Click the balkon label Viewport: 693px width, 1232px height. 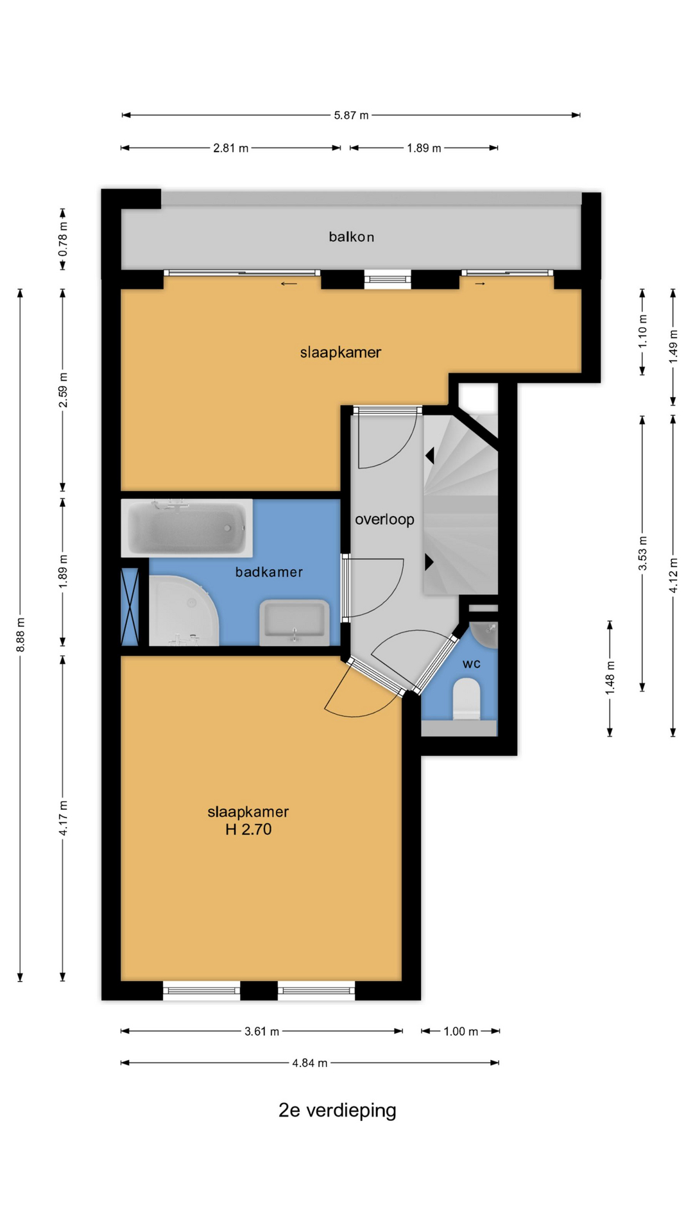pyautogui.click(x=351, y=237)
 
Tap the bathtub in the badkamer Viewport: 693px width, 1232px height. pyautogui.click(x=187, y=528)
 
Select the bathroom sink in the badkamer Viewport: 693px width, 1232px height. pyautogui.click(x=294, y=622)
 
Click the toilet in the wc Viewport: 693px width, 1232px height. pyautogui.click(x=466, y=700)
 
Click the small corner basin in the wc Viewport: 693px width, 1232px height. pyautogui.click(x=484, y=634)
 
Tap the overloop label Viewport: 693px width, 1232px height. pyautogui.click(x=384, y=519)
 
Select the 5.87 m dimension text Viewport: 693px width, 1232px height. pyautogui.click(x=351, y=116)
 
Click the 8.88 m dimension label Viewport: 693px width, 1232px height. pyautogui.click(x=21, y=635)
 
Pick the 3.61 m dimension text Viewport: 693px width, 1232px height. pyautogui.click(x=262, y=1031)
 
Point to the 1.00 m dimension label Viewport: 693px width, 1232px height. pyautogui.click(x=461, y=1031)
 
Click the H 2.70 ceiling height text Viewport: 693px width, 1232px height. pyautogui.click(x=248, y=829)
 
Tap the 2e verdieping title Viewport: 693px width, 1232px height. pyautogui.click(x=338, y=1110)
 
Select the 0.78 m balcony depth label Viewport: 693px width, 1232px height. pyautogui.click(x=63, y=239)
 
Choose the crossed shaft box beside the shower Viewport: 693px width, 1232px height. pyautogui.click(x=130, y=606)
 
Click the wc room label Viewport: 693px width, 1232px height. pyautogui.click(x=472, y=663)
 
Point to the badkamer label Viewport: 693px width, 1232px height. pyautogui.click(x=269, y=572)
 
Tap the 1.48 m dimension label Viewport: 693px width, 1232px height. pyautogui.click(x=610, y=678)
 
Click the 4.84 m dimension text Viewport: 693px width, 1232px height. pyautogui.click(x=310, y=1063)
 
